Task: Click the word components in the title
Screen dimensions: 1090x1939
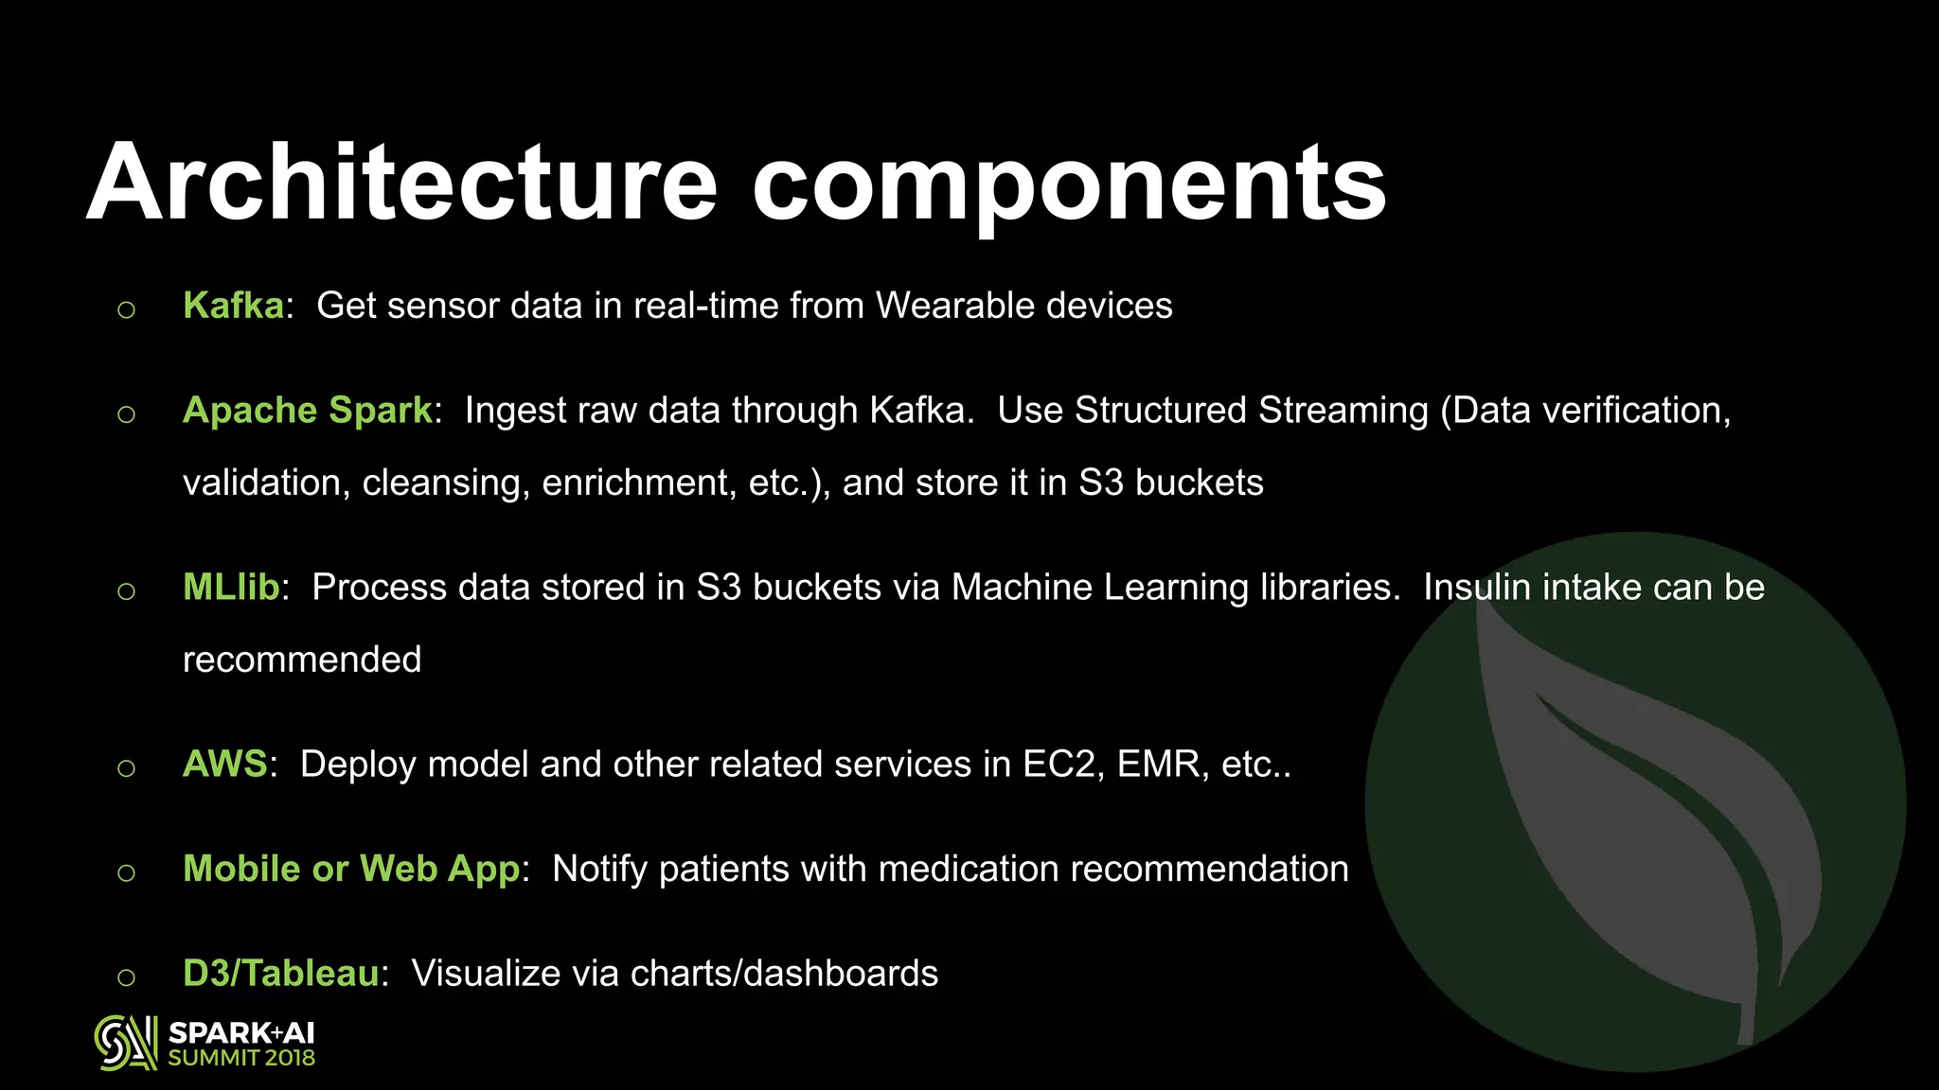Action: tap(1070, 185)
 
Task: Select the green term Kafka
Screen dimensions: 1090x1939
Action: tap(233, 306)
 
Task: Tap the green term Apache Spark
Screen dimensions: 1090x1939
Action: tap(308, 411)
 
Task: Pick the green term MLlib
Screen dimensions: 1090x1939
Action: tap(231, 588)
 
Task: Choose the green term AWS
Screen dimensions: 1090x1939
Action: tap(225, 765)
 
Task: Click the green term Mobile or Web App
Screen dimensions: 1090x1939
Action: tap(351, 869)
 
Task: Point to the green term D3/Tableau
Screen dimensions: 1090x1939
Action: tap(281, 974)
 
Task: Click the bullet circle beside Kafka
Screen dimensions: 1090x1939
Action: tap(126, 309)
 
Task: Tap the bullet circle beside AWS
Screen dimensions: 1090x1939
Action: tap(126, 768)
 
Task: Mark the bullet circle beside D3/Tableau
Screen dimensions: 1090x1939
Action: tap(126, 977)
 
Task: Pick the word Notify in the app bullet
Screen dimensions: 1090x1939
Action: tap(599, 869)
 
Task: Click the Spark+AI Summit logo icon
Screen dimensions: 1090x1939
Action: tap(125, 1044)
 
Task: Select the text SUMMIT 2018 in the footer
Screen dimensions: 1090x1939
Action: tap(241, 1059)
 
